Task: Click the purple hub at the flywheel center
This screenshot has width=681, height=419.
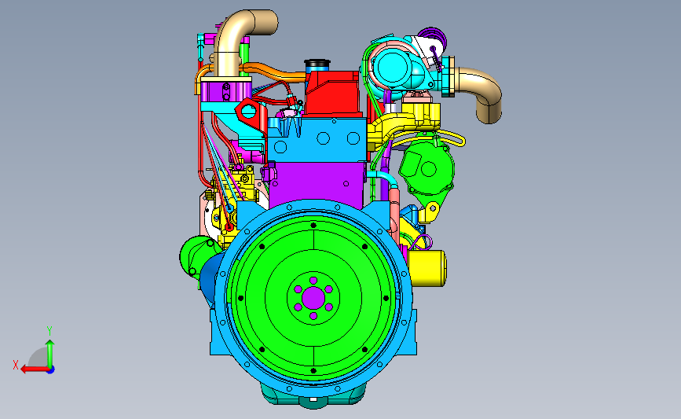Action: coord(313,298)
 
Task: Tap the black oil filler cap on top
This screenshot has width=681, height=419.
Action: coord(317,64)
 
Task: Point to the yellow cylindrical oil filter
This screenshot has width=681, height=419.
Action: coord(427,268)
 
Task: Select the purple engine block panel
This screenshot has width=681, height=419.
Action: coord(317,182)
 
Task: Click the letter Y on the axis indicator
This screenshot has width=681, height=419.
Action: coord(49,331)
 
